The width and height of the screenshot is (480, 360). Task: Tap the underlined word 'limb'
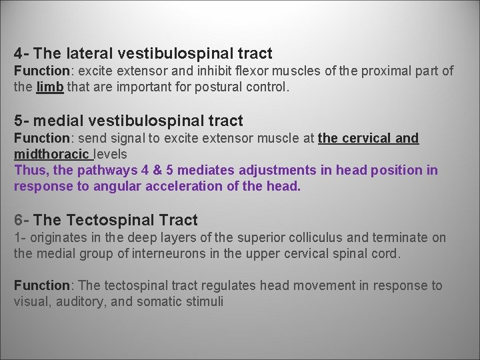(50, 87)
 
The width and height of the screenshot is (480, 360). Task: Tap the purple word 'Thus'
(30, 170)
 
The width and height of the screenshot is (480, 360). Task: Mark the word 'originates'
(56, 237)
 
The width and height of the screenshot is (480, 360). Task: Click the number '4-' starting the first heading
(21, 53)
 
